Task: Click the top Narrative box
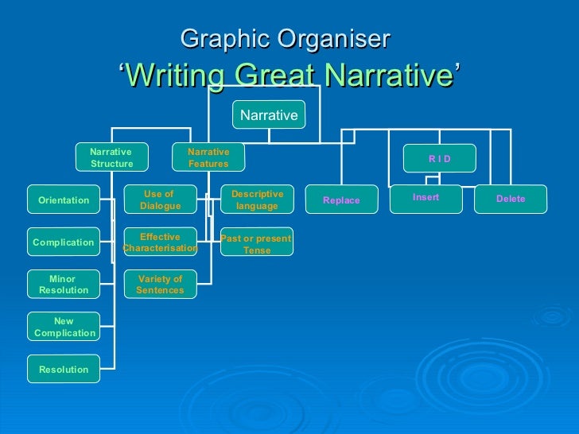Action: coord(269,115)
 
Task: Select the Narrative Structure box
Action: coord(111,157)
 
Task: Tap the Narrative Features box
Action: coord(208,157)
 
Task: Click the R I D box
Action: coord(439,158)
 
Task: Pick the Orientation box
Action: coord(64,200)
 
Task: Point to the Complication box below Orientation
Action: coord(64,242)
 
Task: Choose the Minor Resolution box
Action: coord(64,285)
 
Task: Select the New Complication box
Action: coord(64,327)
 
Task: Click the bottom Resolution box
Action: coord(64,370)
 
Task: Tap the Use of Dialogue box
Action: coord(160,200)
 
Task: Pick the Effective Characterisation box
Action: coord(160,242)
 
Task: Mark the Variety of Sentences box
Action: coord(160,285)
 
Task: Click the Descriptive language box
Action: coord(257,200)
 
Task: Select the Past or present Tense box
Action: coord(257,243)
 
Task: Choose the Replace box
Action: coord(341,200)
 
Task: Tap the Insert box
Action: coord(426,198)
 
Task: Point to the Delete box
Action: coord(511,199)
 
